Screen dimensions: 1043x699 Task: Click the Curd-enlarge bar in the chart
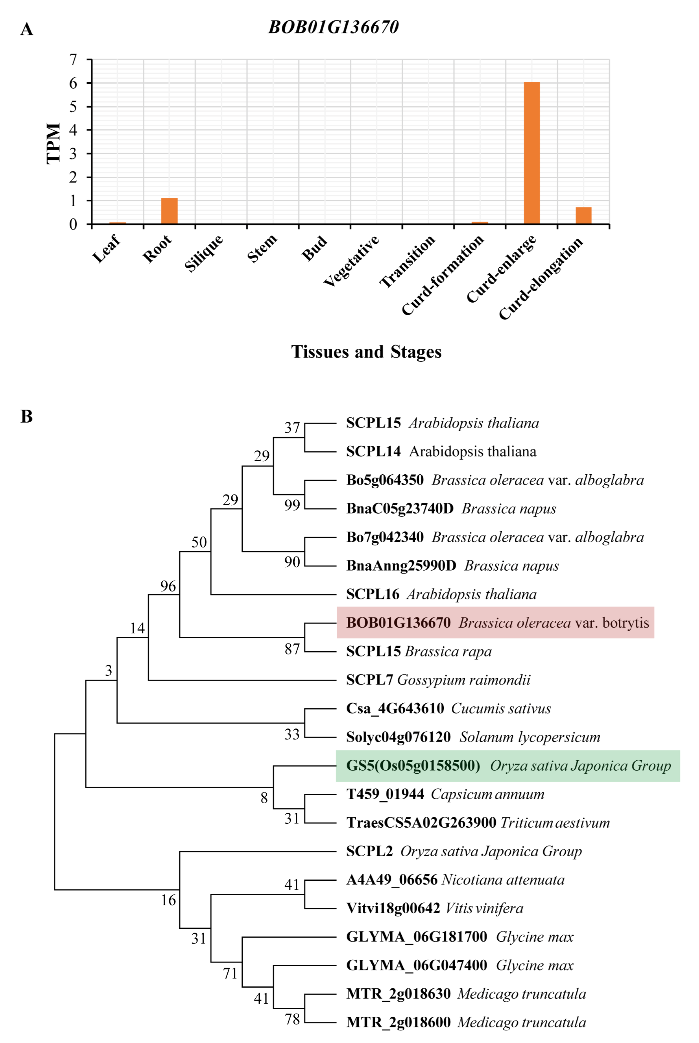point(531,153)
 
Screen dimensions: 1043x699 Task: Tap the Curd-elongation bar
point(583,215)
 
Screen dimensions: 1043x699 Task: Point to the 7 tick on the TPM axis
point(73,59)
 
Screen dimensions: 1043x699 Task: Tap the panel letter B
point(27,416)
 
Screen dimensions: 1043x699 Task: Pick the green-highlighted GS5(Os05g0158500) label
point(507,765)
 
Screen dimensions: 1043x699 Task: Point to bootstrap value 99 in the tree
point(292,505)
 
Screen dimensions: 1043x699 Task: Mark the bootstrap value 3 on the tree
point(108,670)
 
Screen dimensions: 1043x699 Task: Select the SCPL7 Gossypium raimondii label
point(438,680)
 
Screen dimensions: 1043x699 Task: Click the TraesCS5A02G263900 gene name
point(421,823)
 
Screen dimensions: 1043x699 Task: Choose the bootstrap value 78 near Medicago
point(292,1019)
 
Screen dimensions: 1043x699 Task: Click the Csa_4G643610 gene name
point(395,709)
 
